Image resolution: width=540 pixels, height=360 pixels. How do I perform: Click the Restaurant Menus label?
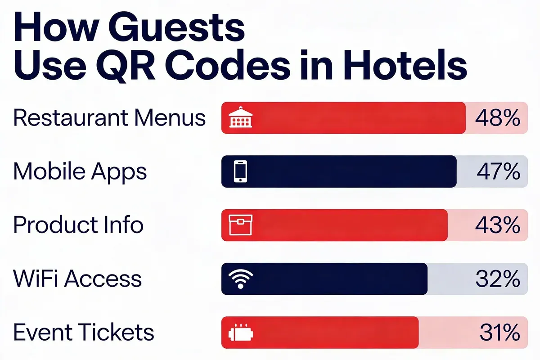109,118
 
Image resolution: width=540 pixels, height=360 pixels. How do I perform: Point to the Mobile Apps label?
80,171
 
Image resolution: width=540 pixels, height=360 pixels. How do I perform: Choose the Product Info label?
78,225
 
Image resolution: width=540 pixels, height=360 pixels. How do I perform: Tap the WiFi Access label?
77,279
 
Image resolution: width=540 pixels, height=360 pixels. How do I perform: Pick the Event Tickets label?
84,333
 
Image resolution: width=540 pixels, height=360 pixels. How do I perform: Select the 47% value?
497,171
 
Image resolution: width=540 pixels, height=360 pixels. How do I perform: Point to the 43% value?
497,225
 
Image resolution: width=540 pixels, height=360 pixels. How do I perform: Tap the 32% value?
497,279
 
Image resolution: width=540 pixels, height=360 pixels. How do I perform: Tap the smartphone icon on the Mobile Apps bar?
241,171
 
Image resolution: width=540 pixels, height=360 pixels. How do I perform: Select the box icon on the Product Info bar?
241,225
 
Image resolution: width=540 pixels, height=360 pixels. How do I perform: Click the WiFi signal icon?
241,279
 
